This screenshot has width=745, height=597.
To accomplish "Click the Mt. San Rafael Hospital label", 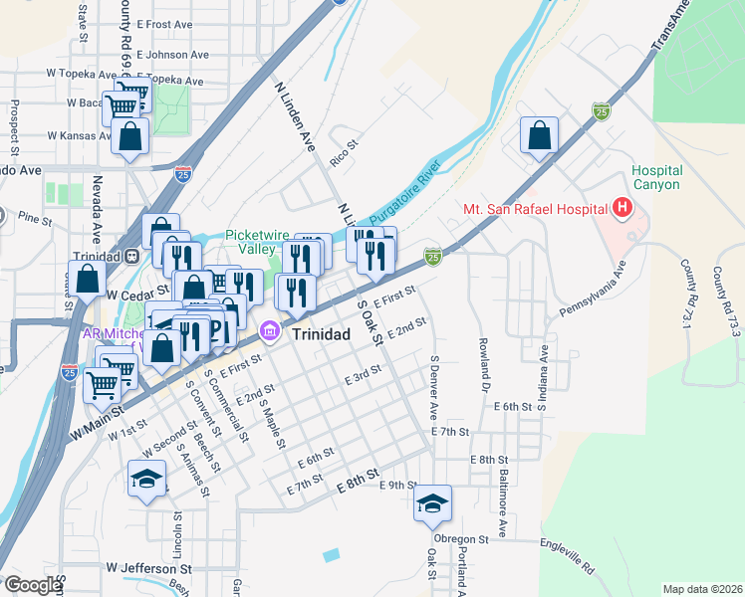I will pos(535,209).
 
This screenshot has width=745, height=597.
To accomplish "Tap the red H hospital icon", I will pos(623,208).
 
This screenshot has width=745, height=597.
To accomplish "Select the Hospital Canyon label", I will pos(655,178).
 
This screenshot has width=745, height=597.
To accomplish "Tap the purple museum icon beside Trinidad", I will pos(269,330).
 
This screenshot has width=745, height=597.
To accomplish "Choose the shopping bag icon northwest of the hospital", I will pos(539,136).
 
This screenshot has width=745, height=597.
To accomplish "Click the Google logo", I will pos(32,585).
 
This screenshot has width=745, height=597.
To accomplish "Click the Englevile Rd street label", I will pos(569,555).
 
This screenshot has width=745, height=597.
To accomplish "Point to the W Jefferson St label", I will pos(154,569).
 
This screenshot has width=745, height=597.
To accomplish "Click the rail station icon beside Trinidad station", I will pos(130,255).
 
